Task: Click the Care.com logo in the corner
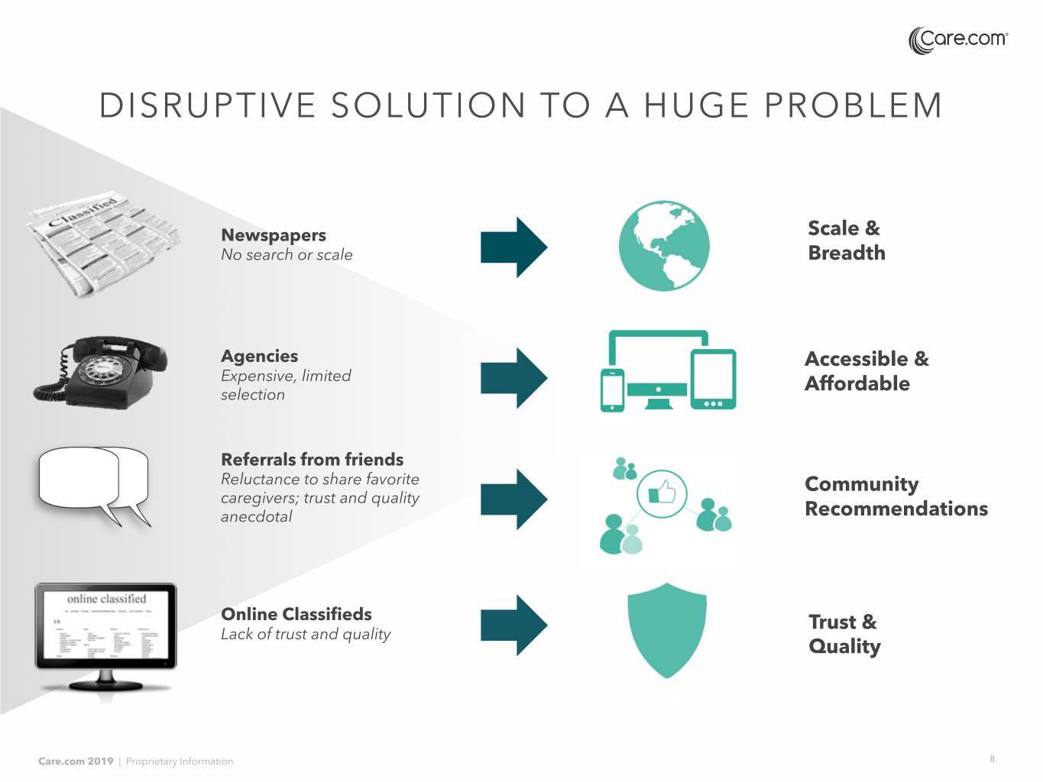tap(958, 40)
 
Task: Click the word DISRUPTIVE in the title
tap(207, 105)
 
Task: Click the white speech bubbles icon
tap(94, 484)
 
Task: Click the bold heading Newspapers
tap(273, 235)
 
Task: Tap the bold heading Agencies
tap(259, 356)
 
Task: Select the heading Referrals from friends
tap(312, 460)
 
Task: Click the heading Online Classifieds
tap(296, 614)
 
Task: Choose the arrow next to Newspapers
tap(513, 247)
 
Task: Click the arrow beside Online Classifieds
tap(513, 625)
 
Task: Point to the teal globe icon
tap(664, 246)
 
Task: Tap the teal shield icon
tap(666, 630)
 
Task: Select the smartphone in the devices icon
tap(612, 390)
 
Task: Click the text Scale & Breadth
tap(846, 240)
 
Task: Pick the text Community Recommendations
tap(896, 496)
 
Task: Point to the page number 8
tap(992, 759)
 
